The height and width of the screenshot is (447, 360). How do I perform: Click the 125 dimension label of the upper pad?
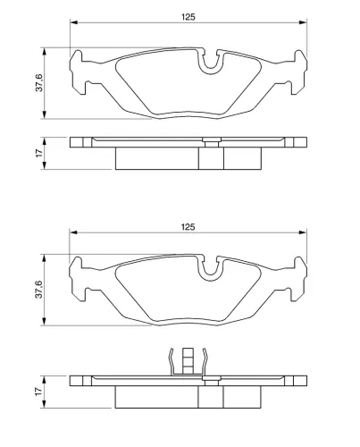188,17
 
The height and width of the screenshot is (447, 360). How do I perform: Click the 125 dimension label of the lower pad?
188,227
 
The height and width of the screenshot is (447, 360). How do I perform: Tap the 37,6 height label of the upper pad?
39,82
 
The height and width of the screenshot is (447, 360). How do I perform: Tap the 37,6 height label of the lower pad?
39,290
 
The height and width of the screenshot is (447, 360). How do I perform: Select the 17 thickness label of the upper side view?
39,153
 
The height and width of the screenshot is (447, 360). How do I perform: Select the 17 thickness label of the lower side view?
39,392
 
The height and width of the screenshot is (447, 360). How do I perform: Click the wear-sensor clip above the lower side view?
188,361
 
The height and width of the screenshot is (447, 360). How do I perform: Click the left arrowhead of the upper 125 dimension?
73,22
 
